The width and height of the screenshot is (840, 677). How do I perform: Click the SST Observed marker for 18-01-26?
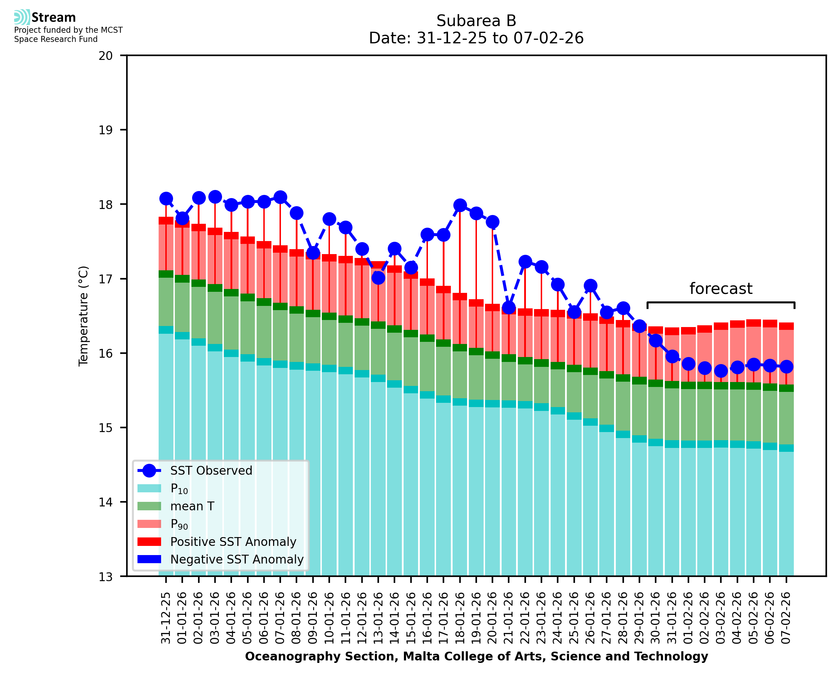(460, 205)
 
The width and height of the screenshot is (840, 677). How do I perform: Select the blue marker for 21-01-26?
(509, 308)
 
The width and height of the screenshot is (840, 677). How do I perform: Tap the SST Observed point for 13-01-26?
(378, 278)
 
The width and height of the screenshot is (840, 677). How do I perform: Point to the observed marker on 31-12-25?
(166, 198)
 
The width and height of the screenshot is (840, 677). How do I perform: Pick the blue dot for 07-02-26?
(786, 367)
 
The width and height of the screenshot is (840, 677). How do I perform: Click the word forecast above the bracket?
(721, 289)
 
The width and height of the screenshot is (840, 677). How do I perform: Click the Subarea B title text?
(476, 21)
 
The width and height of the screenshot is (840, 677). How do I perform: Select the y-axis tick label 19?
(105, 130)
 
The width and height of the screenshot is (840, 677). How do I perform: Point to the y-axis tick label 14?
(105, 502)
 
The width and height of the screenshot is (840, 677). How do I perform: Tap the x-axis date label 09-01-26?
(313, 618)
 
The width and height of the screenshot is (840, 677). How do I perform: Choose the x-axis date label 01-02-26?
(688, 618)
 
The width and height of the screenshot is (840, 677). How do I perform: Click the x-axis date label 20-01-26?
(492, 618)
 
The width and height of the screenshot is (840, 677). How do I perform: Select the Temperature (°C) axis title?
(84, 316)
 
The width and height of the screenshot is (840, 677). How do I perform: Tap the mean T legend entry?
(192, 506)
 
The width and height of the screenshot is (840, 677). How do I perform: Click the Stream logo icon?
(22, 17)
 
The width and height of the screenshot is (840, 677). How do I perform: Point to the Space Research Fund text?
(56, 39)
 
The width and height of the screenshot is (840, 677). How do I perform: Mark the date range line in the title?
(476, 38)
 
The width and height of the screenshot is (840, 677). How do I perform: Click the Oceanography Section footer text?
(476, 656)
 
